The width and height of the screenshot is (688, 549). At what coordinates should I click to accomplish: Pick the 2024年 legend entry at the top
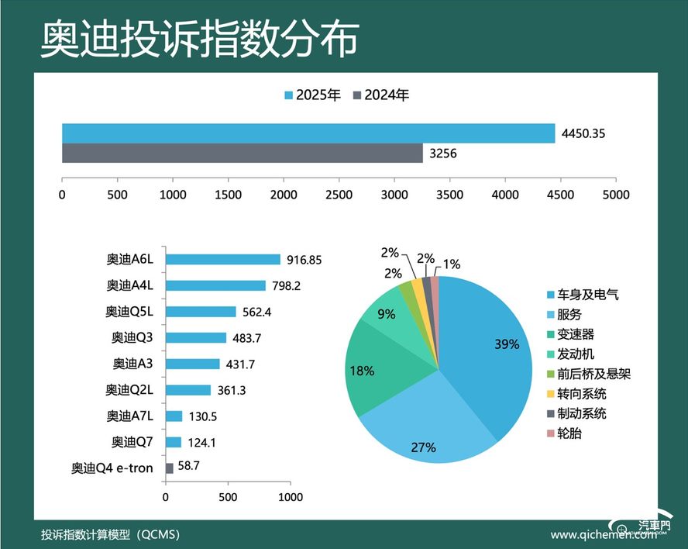point(380,95)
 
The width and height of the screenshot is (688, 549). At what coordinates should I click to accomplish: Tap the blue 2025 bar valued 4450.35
point(308,133)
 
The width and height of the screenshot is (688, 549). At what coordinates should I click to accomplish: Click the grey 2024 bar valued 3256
point(242,154)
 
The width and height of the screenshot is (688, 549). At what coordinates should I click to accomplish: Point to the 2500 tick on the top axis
point(339,195)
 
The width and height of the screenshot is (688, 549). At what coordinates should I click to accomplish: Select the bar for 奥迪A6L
point(223,260)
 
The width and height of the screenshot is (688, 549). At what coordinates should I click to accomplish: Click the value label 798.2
point(286,286)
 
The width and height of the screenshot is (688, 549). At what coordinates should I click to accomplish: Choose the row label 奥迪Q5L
point(130,312)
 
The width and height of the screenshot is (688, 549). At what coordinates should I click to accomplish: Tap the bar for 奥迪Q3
point(196,338)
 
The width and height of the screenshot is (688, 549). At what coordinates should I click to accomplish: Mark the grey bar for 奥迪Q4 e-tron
point(170,468)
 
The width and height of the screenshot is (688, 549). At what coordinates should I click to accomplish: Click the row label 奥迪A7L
point(130,416)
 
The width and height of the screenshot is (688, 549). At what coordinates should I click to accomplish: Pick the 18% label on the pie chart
point(363,371)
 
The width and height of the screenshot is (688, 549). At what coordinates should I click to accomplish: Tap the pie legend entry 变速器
point(573,334)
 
